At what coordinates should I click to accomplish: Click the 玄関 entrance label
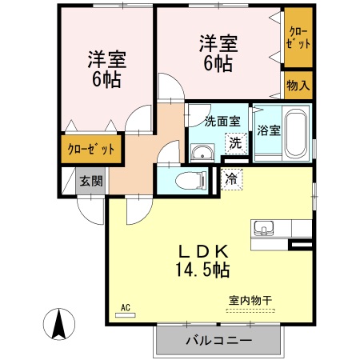coord(90,181)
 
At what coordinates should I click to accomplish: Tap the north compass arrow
coord(58,324)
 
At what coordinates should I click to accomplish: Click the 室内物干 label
coord(250,301)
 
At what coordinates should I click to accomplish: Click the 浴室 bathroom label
coord(268,131)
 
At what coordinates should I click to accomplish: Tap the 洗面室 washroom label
coord(222,122)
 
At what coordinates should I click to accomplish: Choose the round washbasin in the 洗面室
coord(202,152)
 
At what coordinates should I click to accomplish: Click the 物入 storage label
coord(298,85)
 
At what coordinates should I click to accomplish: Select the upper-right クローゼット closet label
coord(298,38)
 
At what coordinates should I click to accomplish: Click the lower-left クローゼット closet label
coord(90,150)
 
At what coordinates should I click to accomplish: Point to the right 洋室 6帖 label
coord(217,54)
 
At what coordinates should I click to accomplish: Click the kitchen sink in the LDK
coord(264,230)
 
